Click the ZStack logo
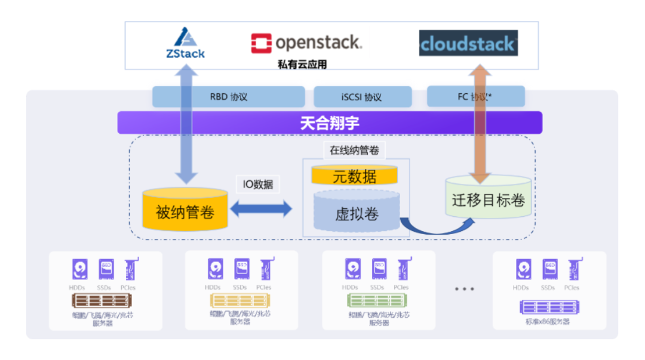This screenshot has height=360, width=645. pos(185,43)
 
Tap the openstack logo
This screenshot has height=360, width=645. pos(306,43)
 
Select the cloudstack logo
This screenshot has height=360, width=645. pos(468,44)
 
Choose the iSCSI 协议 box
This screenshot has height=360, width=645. pos(363,97)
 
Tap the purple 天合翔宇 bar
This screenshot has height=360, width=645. pos(329,122)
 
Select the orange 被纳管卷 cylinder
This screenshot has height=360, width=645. pos(185,210)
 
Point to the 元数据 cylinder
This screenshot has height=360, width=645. pos(354,176)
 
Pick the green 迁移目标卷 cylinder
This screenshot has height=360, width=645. pos(489,199)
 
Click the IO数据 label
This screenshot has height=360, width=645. pos(257,184)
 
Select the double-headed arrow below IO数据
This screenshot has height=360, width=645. pos(262,209)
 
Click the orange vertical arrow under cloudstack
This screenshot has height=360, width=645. pos(480,125)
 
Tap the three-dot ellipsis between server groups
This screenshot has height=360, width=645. pos(464,289)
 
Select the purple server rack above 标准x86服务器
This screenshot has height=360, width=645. pos(548,307)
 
